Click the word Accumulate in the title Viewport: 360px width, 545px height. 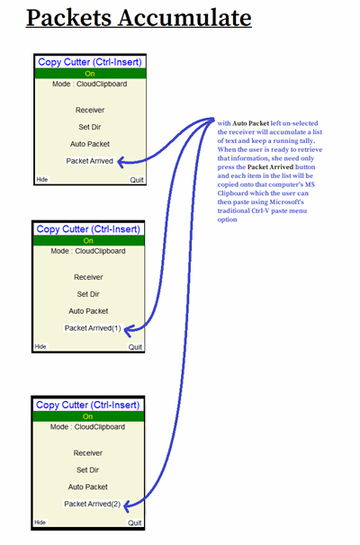(x=184, y=18)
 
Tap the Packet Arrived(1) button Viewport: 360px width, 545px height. (x=93, y=328)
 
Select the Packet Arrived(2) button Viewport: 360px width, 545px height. (x=92, y=504)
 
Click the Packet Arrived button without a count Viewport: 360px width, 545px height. (x=90, y=161)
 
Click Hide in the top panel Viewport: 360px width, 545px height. (x=42, y=179)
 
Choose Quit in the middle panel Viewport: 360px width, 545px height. (x=135, y=347)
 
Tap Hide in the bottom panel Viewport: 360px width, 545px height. (x=40, y=522)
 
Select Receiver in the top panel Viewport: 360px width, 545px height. (x=90, y=110)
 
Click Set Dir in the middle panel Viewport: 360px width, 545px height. (x=88, y=294)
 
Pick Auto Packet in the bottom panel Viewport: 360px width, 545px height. (x=88, y=487)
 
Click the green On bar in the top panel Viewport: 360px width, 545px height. (x=90, y=74)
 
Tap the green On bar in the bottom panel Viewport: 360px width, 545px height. (x=88, y=416)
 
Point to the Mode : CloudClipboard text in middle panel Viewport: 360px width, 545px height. (x=88, y=251)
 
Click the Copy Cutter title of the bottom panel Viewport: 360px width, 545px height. (x=88, y=405)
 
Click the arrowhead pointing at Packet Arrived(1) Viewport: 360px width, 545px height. (x=128, y=330)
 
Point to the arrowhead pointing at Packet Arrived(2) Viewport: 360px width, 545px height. (x=127, y=505)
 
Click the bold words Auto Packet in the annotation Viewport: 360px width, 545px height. (x=250, y=123)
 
